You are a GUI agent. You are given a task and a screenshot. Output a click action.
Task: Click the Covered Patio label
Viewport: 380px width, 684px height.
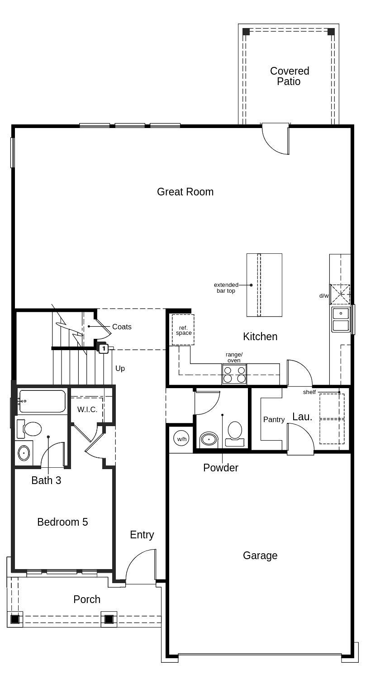tap(290, 76)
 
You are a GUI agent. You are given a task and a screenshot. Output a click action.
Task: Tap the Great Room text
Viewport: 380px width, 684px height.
tap(185, 192)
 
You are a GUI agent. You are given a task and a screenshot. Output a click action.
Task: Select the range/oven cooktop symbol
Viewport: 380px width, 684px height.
tap(234, 374)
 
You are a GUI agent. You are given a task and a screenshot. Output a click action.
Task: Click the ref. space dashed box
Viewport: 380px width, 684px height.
tap(183, 330)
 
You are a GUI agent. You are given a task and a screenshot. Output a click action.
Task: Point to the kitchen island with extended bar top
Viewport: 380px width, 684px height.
tap(264, 285)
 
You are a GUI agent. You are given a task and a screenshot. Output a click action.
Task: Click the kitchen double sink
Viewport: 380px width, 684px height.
tap(341, 319)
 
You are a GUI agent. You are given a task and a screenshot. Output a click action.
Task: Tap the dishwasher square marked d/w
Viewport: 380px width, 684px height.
tap(340, 294)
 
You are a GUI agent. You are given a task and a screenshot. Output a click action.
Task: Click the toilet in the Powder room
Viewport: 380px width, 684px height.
tap(235, 432)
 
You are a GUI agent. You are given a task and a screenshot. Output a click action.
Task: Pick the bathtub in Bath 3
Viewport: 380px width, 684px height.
tap(42, 401)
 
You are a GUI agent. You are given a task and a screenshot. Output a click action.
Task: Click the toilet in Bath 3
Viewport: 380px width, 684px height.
tap(29, 429)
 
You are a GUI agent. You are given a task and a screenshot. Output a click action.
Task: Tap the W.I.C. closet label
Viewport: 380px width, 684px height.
tap(87, 409)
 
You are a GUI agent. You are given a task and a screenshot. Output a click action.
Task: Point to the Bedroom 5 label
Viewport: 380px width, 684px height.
tap(62, 522)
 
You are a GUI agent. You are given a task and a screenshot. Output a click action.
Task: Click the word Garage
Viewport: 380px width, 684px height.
tap(260, 556)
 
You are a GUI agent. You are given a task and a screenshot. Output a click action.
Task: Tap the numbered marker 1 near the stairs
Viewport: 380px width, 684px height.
tap(104, 348)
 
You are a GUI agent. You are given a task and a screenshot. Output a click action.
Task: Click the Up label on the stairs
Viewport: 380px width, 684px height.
tap(120, 369)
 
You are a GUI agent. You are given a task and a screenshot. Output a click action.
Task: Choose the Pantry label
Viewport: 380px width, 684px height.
tap(274, 420)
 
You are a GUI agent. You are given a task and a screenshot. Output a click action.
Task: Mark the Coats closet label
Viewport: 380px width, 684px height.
tap(122, 327)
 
